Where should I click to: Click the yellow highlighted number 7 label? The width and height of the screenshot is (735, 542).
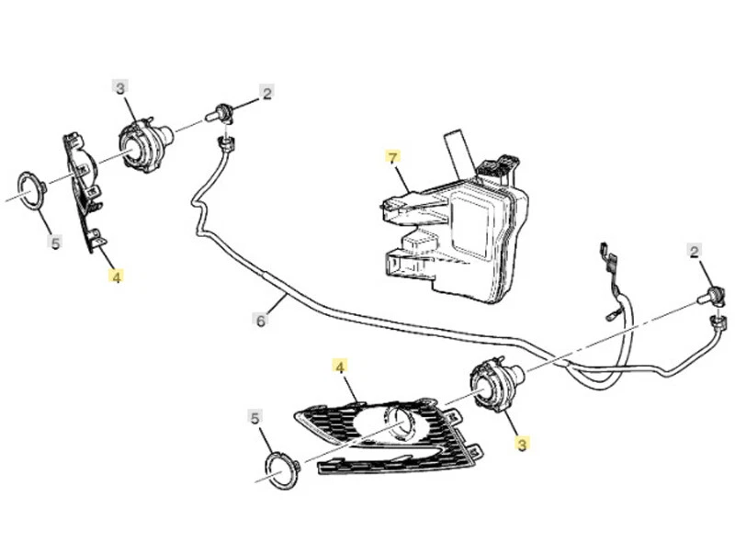click(x=393, y=158)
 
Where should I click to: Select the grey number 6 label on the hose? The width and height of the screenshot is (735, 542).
click(x=261, y=320)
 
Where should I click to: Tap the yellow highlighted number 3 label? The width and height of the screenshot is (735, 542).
click(x=522, y=445)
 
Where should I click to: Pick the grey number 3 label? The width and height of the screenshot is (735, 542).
click(x=120, y=88)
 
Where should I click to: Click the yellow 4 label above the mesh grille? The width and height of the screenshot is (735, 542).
click(x=340, y=367)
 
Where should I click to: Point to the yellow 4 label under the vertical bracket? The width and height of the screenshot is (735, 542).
click(x=115, y=275)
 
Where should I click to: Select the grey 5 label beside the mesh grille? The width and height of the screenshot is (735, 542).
click(x=255, y=418)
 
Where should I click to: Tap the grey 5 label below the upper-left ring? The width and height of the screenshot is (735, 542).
click(x=55, y=243)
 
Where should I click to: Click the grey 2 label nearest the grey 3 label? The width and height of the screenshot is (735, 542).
click(x=266, y=93)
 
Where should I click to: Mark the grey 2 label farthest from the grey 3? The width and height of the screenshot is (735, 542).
click(x=695, y=252)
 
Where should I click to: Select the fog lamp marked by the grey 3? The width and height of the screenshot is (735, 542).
click(x=145, y=145)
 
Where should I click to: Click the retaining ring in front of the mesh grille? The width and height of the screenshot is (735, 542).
click(x=283, y=468)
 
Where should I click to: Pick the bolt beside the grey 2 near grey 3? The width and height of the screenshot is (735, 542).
click(x=224, y=114)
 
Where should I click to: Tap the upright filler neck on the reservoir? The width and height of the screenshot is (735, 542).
click(x=457, y=152)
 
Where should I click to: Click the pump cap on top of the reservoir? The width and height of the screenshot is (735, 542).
click(x=497, y=169)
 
